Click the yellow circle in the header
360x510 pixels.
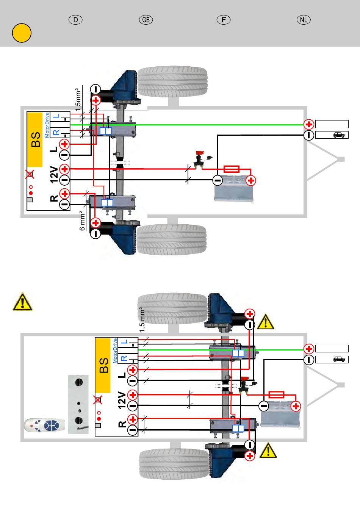tap(21, 33)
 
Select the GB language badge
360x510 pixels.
tap(146, 20)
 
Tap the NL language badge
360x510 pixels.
tap(303, 20)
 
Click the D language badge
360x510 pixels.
tap(76, 20)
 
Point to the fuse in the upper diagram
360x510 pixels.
tap(232, 169)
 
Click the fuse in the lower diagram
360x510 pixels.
tap(276, 395)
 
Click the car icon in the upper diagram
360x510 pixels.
tap(339, 135)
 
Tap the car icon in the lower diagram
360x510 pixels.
tap(339, 360)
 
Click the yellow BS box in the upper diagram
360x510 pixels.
tap(35, 139)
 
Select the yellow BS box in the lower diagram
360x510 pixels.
tap(103, 365)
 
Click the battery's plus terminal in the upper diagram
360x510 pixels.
tap(250, 180)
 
